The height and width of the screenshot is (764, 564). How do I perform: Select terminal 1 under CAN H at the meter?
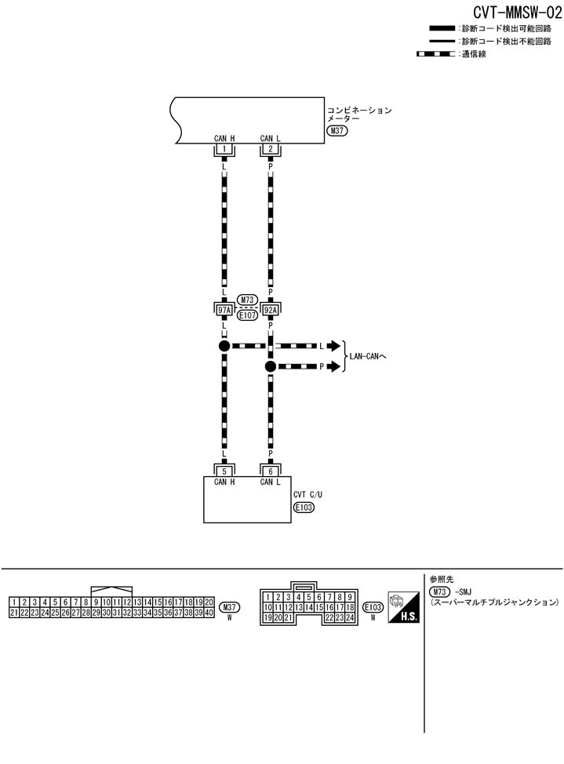point(224,149)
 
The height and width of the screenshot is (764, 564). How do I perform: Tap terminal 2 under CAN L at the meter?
point(271,149)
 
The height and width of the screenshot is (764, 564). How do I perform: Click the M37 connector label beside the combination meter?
point(337,131)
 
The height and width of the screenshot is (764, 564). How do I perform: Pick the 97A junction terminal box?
point(224,310)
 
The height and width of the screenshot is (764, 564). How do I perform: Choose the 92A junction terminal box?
point(271,310)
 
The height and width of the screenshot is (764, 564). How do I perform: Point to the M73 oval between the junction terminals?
point(247,300)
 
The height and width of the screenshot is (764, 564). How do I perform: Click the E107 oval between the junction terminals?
point(247,315)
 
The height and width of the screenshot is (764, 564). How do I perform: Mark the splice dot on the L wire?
point(224,346)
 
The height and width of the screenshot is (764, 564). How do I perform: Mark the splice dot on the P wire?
point(271,366)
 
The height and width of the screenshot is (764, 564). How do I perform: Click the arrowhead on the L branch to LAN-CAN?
point(335,346)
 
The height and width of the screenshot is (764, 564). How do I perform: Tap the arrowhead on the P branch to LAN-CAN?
point(335,366)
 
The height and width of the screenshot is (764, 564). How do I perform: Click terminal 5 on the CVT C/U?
point(224,471)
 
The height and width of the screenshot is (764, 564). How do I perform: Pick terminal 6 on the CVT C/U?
point(271,471)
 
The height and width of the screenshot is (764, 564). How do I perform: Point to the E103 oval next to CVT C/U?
point(303,508)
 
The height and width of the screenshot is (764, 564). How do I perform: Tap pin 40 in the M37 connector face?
point(209,613)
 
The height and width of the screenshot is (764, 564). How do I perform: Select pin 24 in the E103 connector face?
point(350,618)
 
